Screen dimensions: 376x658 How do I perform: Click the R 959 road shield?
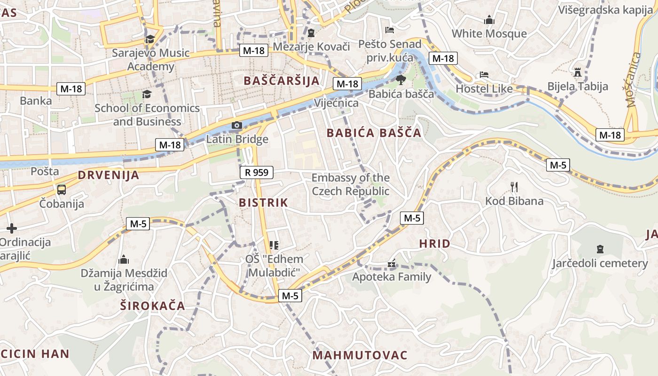(x=257, y=172)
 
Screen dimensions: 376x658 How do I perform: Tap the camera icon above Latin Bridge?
(x=237, y=125)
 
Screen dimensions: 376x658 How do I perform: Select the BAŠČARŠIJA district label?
(x=282, y=81)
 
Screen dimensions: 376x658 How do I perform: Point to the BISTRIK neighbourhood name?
(x=263, y=203)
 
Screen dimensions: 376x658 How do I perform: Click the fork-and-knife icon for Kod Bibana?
(x=514, y=187)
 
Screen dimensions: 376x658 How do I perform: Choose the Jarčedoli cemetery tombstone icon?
(x=600, y=249)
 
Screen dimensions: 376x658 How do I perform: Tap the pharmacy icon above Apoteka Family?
(x=391, y=264)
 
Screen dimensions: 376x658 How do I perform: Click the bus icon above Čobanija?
(x=62, y=190)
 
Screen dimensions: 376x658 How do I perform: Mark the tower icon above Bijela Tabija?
(x=578, y=72)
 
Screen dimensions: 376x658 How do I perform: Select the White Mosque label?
(x=489, y=34)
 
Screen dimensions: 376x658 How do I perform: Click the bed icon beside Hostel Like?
(x=484, y=75)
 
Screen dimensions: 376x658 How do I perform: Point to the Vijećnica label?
(x=336, y=103)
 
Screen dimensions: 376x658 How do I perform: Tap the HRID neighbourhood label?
(x=434, y=244)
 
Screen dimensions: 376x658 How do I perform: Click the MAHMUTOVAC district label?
(x=360, y=355)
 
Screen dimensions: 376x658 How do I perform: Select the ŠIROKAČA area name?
(x=153, y=306)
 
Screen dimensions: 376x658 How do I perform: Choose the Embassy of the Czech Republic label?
(x=351, y=184)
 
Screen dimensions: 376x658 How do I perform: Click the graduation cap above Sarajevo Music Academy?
(x=150, y=39)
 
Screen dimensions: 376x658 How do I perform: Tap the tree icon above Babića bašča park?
(x=400, y=79)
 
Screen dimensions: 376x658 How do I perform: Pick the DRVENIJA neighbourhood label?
(x=109, y=176)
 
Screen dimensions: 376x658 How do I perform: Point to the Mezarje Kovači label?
(x=312, y=47)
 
